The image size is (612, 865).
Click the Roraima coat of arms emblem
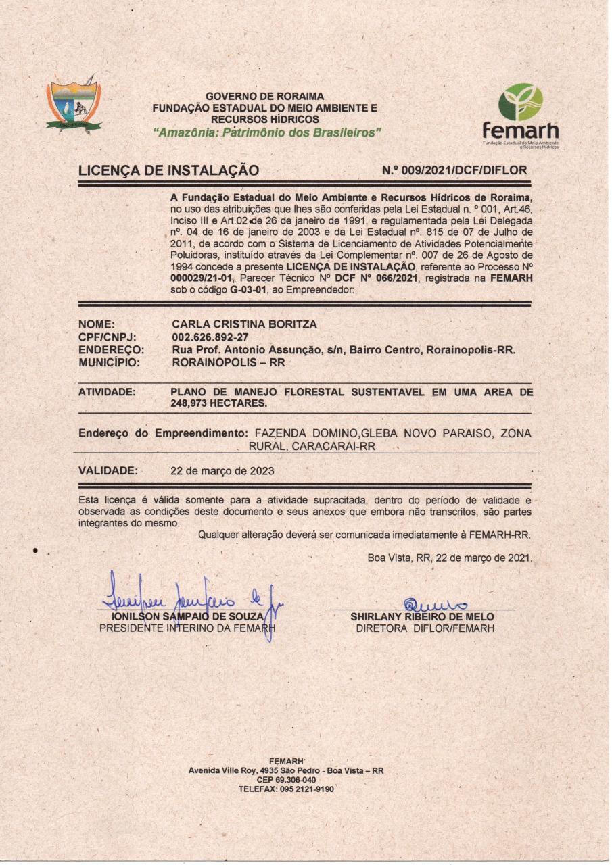coord(74,105)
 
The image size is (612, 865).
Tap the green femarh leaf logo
coord(520,102)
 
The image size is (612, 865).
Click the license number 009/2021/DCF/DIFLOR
coord(454,170)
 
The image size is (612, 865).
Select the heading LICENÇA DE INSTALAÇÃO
coord(168,171)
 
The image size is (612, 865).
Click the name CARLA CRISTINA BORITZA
coord(244,324)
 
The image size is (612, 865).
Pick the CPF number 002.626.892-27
coord(210,337)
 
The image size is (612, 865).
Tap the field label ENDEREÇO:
coord(112,350)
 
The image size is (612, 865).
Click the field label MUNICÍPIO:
coord(110,362)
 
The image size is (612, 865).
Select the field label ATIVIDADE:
coord(107,392)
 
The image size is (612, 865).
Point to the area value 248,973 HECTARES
coord(219,403)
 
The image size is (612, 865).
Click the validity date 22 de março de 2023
coord(223,471)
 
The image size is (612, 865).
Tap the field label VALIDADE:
coord(108,471)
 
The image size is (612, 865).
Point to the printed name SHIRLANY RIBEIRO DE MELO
coord(422,617)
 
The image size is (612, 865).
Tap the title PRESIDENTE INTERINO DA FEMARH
coord(188,628)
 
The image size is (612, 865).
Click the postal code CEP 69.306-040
coord(286,780)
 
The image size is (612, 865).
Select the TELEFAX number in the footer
coord(286,789)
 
